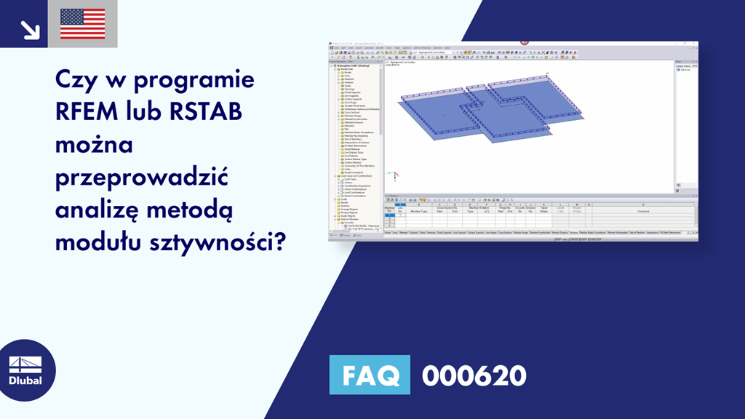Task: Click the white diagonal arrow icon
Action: click(x=30, y=29)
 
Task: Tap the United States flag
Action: click(x=82, y=24)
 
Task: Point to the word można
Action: click(x=95, y=145)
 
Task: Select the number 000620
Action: click(x=474, y=376)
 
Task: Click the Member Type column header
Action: click(x=418, y=211)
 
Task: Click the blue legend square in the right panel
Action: click(x=678, y=70)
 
